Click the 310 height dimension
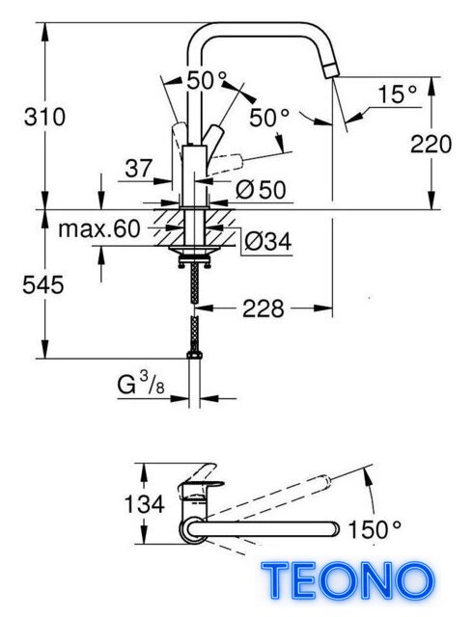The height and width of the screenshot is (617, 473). point(44,118)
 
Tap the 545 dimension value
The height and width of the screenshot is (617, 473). point(43,285)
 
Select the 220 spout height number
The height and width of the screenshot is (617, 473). point(431,144)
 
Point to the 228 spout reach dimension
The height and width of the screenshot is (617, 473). point(263,308)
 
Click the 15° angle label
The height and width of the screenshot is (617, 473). point(398,94)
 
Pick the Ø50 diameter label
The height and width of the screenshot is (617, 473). point(261,190)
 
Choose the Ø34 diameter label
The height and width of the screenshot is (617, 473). point(268,241)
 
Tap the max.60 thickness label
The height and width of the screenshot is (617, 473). point(98,228)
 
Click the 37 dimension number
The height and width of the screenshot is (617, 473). point(138,169)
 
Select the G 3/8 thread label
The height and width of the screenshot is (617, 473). point(141,384)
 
